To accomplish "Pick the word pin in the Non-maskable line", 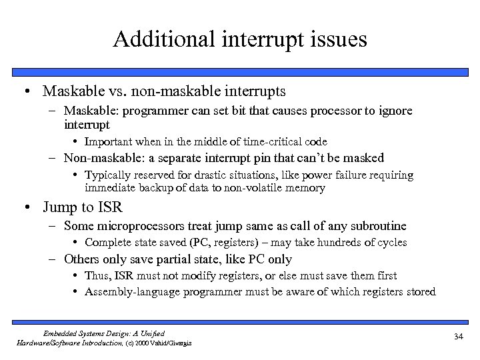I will click(279, 158).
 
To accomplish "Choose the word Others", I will click(81, 259).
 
